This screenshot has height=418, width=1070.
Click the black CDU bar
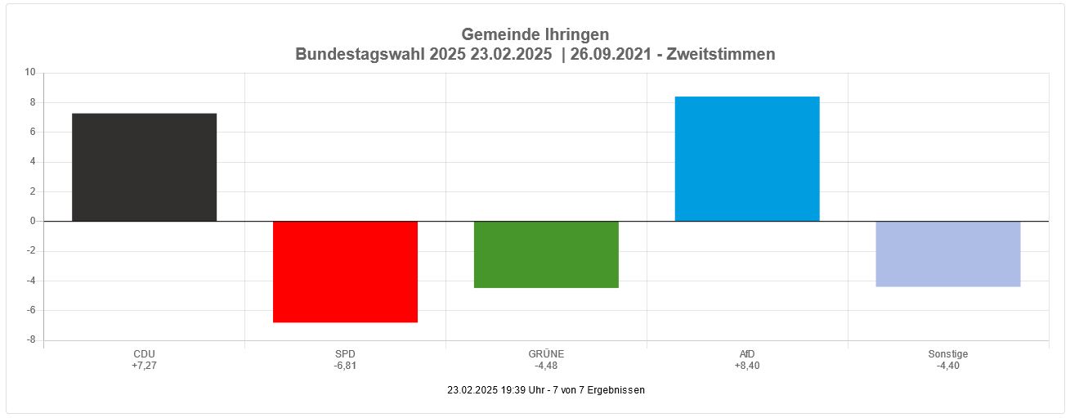click(144, 167)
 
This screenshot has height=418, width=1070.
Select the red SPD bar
click(345, 272)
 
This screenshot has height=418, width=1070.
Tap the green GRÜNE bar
click(546, 254)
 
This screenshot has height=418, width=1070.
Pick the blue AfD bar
click(747, 159)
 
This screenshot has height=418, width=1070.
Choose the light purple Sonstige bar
click(948, 254)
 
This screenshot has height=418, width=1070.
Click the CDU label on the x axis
click(144, 354)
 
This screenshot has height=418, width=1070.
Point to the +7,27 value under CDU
click(144, 366)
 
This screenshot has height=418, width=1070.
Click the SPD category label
click(345, 354)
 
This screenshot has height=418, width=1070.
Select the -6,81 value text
click(345, 366)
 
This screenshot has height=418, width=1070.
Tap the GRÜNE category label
click(546, 354)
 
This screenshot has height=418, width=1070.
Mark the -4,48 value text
click(546, 366)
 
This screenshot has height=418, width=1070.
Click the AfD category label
click(747, 354)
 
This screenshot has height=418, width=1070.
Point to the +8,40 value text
click(747, 366)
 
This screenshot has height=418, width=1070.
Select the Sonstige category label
click(948, 354)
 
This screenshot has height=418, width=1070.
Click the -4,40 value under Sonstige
click(948, 366)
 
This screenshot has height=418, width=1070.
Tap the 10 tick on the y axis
click(30, 72)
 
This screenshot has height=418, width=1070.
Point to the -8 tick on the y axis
click(30, 340)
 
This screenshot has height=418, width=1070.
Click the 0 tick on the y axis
click(33, 221)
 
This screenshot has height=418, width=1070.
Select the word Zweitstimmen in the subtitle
click(721, 54)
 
